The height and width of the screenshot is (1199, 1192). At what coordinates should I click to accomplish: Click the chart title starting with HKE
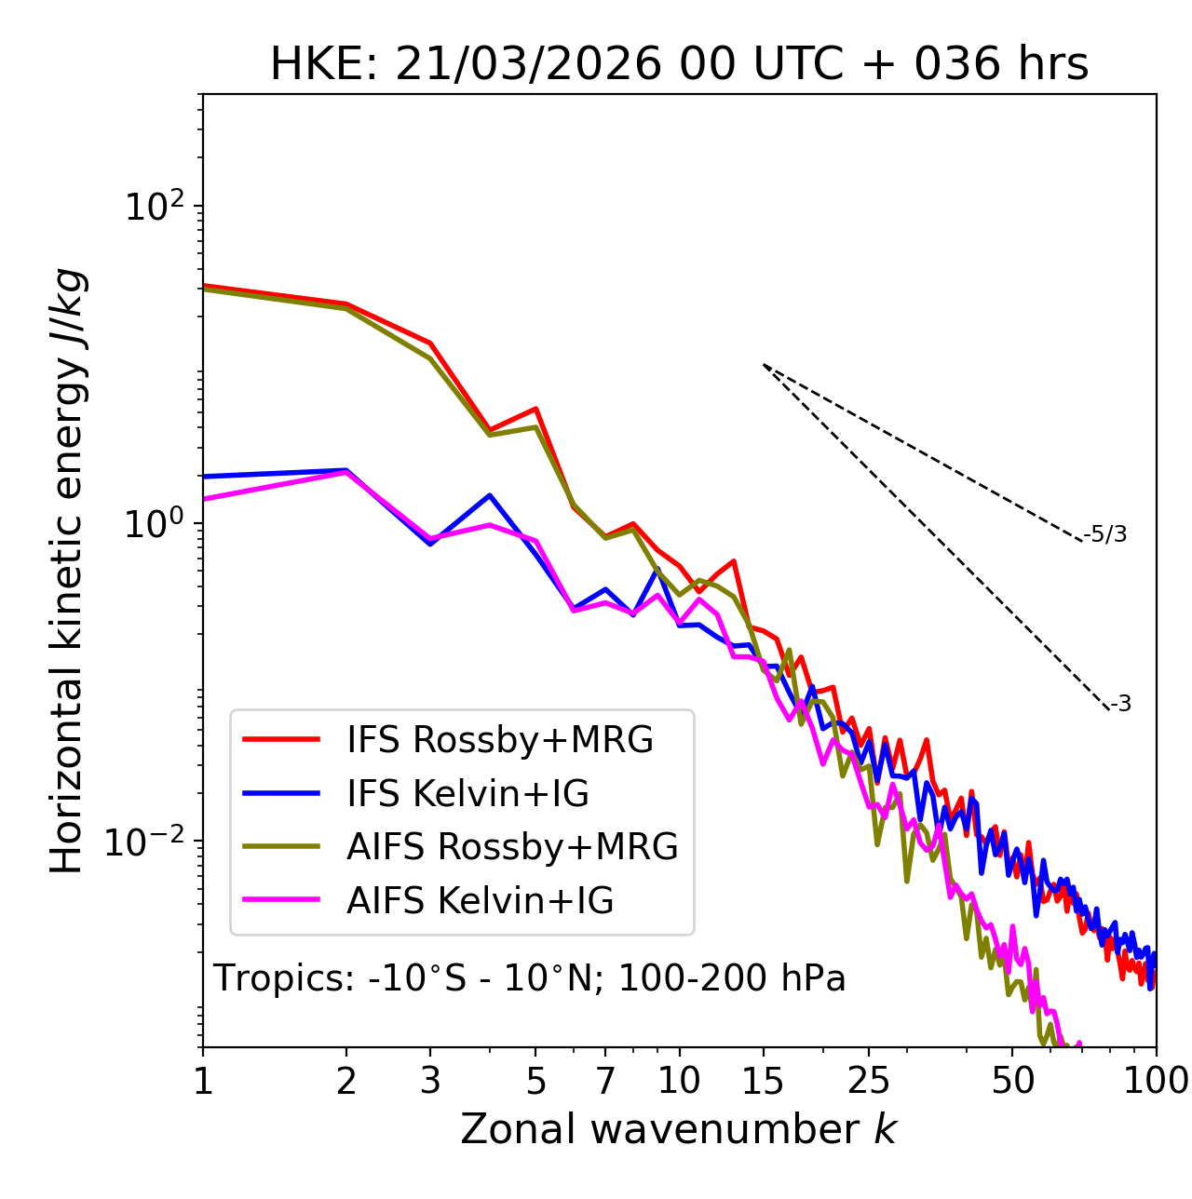pyautogui.click(x=679, y=65)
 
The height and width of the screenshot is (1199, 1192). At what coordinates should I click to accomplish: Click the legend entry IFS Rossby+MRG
pyautogui.click(x=500, y=740)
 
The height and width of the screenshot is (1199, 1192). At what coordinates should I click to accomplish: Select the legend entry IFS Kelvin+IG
pyautogui.click(x=467, y=794)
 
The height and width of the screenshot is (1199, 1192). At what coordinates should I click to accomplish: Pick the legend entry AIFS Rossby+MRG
pyautogui.click(x=512, y=847)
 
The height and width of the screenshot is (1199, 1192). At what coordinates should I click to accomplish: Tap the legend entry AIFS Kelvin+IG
pyautogui.click(x=480, y=901)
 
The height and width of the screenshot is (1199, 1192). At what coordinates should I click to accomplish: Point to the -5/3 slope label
pyautogui.click(x=1105, y=534)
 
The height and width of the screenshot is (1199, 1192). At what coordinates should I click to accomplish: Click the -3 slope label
pyautogui.click(x=1120, y=704)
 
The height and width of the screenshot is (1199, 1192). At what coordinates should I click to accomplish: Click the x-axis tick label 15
pyautogui.click(x=764, y=1081)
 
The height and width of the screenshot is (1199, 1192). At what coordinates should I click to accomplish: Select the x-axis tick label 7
pyautogui.click(x=605, y=1081)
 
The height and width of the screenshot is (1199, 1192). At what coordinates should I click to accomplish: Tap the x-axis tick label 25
pyautogui.click(x=869, y=1081)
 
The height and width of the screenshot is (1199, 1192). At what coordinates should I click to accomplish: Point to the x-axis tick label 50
pyautogui.click(x=1013, y=1081)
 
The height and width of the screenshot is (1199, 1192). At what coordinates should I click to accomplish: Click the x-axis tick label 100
pyautogui.click(x=1155, y=1081)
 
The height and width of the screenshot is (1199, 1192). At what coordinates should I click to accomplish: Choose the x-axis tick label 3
pyautogui.click(x=430, y=1081)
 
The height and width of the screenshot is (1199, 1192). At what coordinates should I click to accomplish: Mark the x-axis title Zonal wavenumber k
pyautogui.click(x=678, y=1129)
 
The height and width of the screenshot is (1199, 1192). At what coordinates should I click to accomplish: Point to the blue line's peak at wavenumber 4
pyautogui.click(x=489, y=495)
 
